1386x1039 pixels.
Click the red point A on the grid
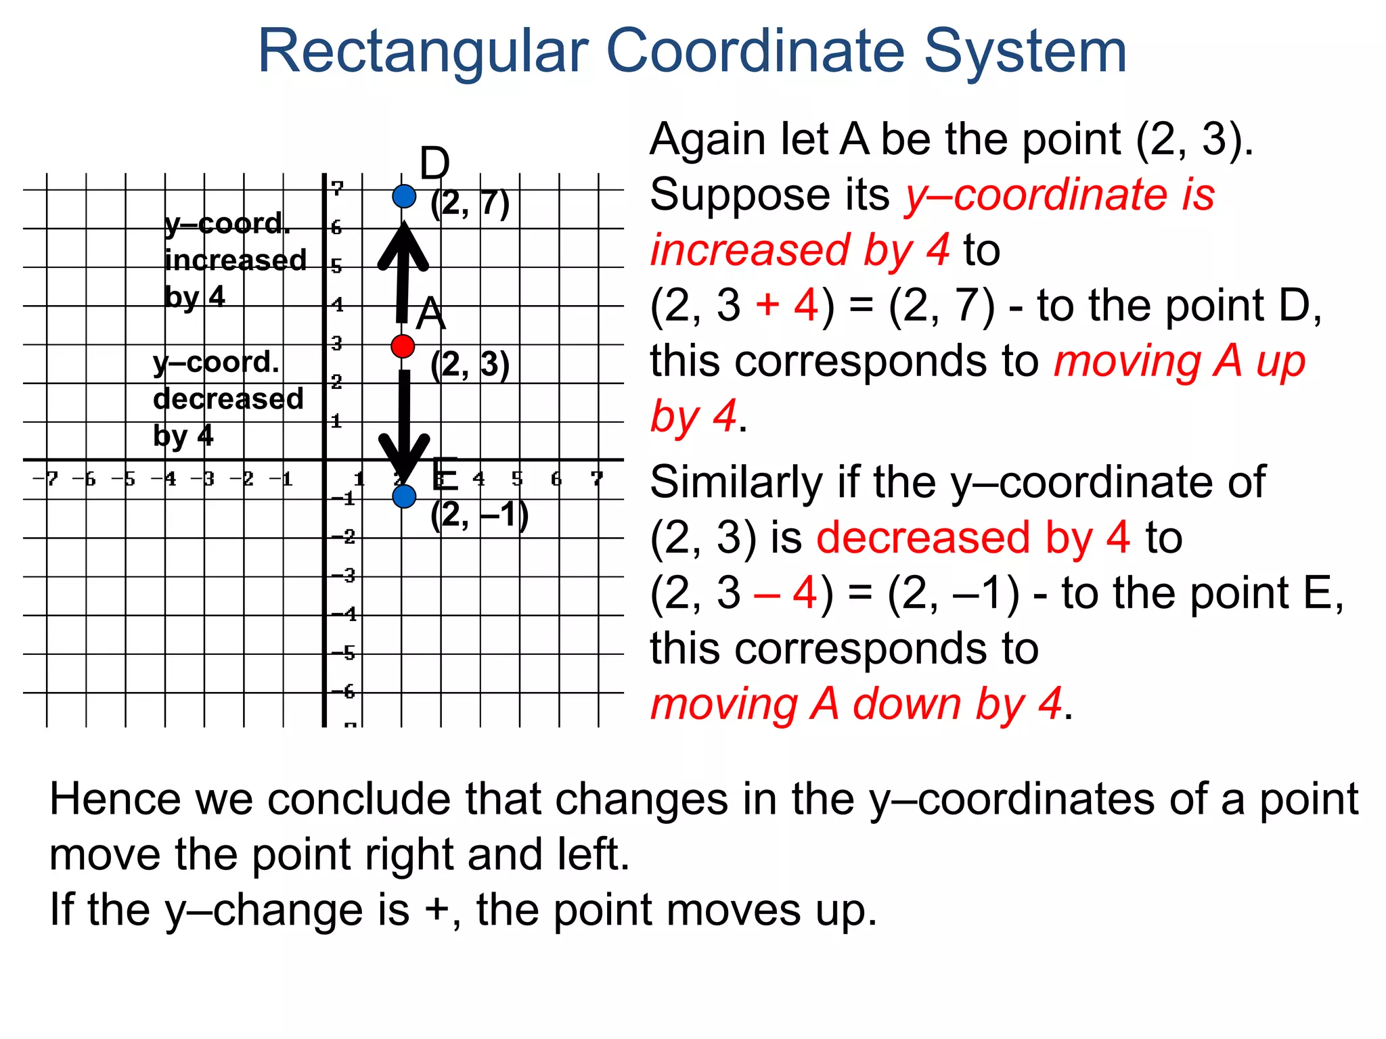[x=403, y=346]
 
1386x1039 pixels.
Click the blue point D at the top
[x=404, y=196]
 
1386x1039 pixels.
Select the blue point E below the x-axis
[x=404, y=497]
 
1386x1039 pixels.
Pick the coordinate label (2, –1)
[x=479, y=515]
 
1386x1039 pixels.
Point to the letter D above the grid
[x=434, y=164]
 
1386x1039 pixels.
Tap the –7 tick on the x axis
[x=46, y=479]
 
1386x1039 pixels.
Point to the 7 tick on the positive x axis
[x=596, y=479]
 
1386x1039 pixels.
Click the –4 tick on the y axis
[x=344, y=614]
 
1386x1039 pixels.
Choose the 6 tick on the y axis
[x=336, y=227]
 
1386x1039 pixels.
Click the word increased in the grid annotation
[x=236, y=260]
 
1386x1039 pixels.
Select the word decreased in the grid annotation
[x=228, y=399]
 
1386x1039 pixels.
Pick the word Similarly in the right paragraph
[x=736, y=482]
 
